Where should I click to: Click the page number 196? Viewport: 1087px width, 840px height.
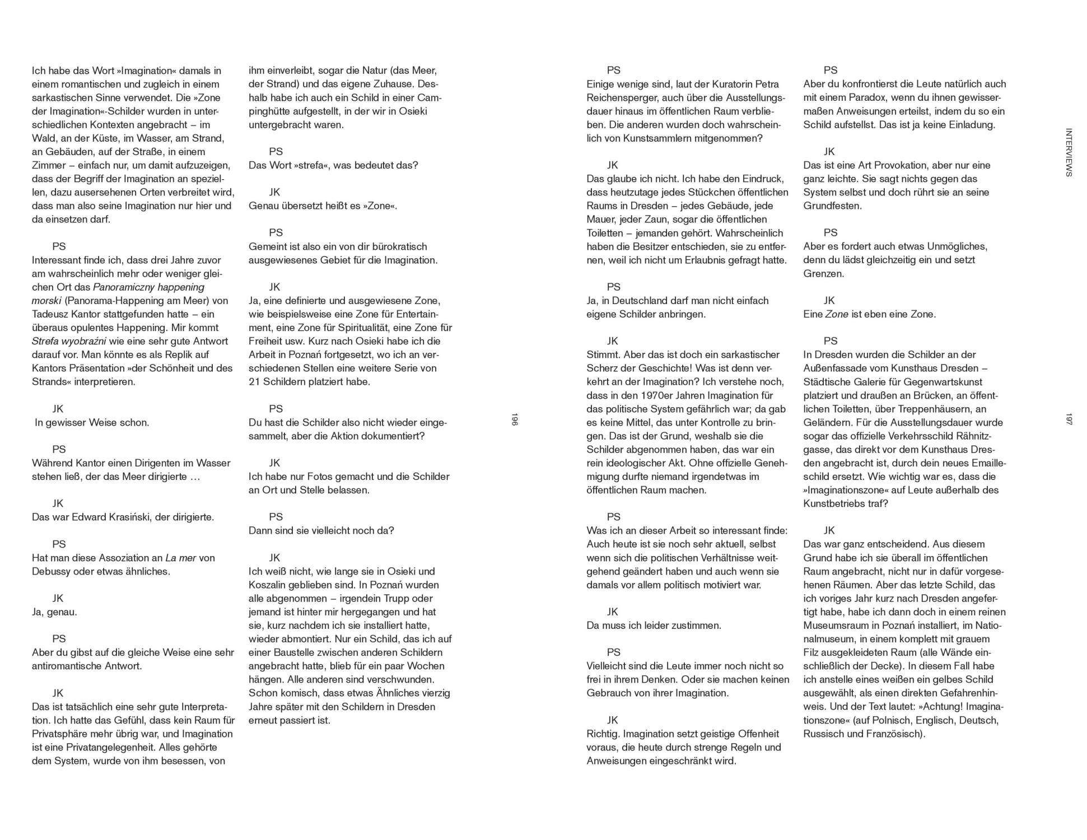[514, 420]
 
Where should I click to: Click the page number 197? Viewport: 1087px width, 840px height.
[1069, 420]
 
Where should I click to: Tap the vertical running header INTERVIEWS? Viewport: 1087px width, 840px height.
[1069, 152]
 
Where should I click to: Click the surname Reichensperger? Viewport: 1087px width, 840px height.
[622, 97]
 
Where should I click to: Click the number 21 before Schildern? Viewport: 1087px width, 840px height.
[254, 382]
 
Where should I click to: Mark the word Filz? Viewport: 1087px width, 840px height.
[813, 652]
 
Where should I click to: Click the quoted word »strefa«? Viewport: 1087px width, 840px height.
[304, 165]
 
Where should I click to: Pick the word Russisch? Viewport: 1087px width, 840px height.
[824, 734]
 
